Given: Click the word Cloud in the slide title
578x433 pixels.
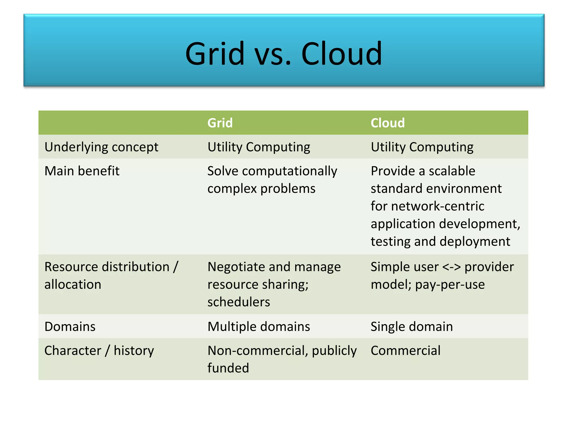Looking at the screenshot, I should click(341, 54).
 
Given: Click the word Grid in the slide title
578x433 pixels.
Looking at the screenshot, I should click(215, 54).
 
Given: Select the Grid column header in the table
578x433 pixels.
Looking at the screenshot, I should click(220, 123).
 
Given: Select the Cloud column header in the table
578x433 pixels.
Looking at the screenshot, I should click(387, 123).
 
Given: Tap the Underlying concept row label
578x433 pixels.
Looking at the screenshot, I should click(101, 147).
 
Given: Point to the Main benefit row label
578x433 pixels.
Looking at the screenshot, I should click(82, 171).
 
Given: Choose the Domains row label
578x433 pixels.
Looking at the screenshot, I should click(70, 327).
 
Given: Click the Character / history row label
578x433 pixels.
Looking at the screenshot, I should click(99, 351).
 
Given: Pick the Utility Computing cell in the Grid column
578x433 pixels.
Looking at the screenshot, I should click(259, 147).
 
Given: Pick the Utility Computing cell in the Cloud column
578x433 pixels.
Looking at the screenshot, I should click(422, 147).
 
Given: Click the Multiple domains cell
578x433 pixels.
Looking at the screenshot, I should click(259, 327).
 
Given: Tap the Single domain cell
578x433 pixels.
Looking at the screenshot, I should click(411, 327).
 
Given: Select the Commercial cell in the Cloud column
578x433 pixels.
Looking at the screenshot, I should click(405, 351).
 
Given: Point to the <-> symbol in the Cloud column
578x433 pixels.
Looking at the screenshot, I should click(452, 267).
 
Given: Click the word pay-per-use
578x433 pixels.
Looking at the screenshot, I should click(450, 284).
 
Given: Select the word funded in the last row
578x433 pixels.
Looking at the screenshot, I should click(228, 368).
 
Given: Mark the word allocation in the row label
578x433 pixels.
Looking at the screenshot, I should click(73, 284).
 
